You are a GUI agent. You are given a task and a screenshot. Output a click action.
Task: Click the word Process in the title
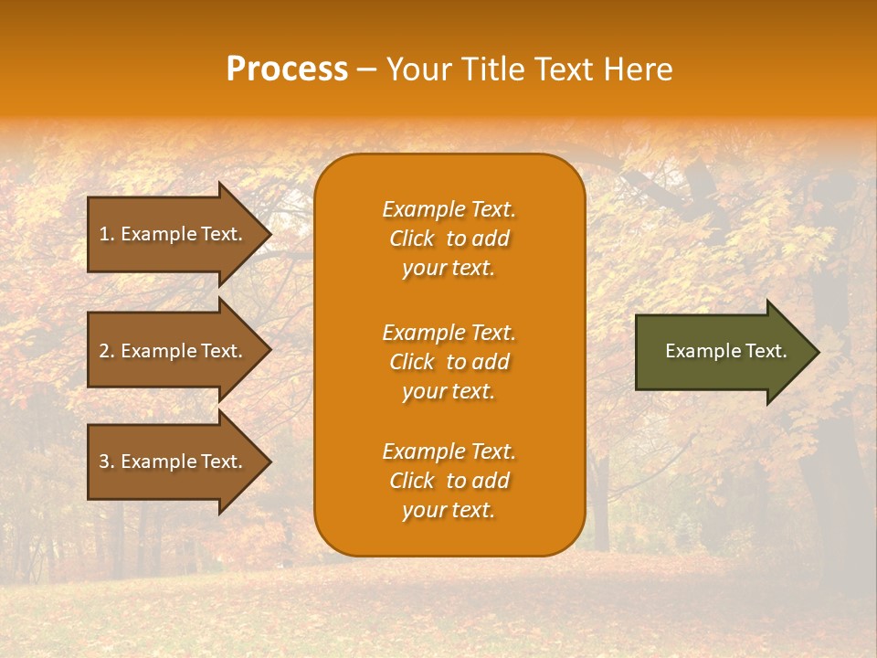287,69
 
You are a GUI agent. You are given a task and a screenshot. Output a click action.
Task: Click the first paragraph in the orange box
449,239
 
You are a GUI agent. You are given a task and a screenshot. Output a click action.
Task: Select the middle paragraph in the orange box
449,362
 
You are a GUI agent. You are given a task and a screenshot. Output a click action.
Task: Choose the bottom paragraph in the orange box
449,481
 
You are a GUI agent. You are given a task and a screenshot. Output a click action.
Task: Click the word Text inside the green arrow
766,351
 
